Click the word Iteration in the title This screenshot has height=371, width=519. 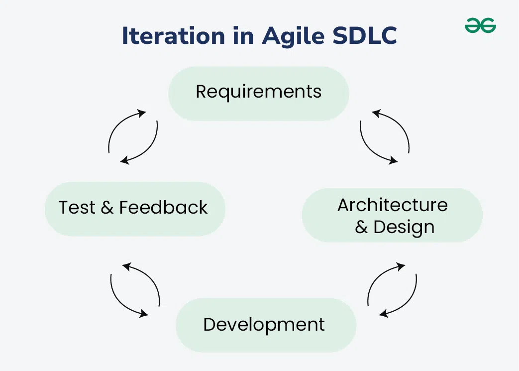pyautogui.click(x=174, y=35)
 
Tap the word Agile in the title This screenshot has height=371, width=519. pyautogui.click(x=293, y=36)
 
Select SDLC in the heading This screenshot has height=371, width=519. pyautogui.click(x=364, y=35)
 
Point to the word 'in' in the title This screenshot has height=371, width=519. pyautogui.click(x=243, y=35)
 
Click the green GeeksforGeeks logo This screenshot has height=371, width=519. pyautogui.click(x=480, y=25)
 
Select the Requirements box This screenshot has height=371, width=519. pyautogui.click(x=259, y=94)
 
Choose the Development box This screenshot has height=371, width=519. pyautogui.click(x=266, y=325)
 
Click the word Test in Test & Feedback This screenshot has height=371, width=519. pyautogui.click(x=77, y=208)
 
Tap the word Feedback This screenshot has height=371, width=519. pyautogui.click(x=164, y=207)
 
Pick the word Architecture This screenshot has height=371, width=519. pyautogui.click(x=393, y=205)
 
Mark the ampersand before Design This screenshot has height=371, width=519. pyautogui.click(x=361, y=227)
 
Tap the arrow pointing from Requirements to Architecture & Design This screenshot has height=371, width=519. pyautogui.click(x=369, y=149)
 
